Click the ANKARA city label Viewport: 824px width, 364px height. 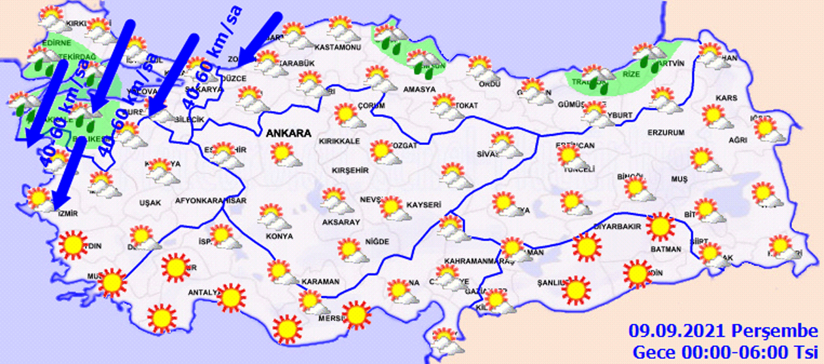pos(288,133)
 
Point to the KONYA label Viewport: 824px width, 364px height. pos(279,236)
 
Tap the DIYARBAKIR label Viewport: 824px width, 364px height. pos(614,227)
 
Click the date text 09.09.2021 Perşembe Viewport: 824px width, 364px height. pos(723,330)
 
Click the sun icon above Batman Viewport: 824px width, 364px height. pos(659,226)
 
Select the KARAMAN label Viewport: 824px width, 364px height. pos(322,282)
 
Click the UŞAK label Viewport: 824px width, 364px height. pos(150,203)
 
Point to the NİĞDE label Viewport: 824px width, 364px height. pos(377,241)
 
